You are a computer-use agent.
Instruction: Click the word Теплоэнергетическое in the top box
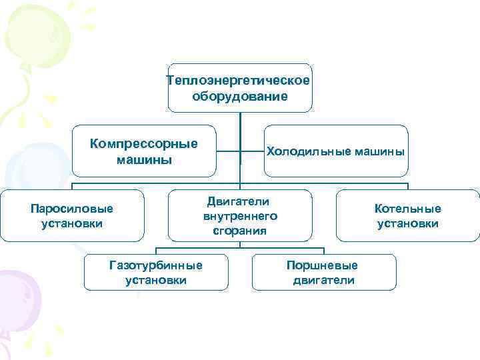pos(239,81)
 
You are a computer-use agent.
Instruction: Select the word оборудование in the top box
pos(240,96)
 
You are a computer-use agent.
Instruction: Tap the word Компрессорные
pos(144,143)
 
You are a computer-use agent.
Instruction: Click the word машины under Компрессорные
pos(144,159)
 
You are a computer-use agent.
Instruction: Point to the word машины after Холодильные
pos(379,151)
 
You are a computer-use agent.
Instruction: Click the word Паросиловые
pos(72,208)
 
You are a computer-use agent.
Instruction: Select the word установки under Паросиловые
pos(72,223)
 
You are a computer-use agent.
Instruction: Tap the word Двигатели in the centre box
pos(238,201)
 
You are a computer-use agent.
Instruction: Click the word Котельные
pos(408,208)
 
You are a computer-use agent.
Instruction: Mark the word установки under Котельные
pos(408,223)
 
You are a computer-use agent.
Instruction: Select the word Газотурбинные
pos(155,265)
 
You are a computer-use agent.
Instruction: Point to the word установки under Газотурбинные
pos(155,280)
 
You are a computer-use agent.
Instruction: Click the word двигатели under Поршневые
pos(324,280)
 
